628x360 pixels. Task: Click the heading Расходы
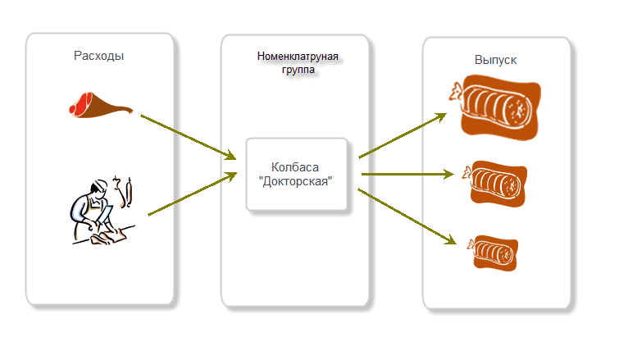99,56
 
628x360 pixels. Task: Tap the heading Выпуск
496,61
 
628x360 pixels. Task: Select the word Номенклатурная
298,57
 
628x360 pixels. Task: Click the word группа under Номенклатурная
298,71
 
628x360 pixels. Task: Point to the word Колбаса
298,166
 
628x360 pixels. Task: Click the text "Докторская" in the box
298,181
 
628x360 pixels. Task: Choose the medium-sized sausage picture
495,182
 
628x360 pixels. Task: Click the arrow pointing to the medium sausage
407,174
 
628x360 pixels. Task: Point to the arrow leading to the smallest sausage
406,216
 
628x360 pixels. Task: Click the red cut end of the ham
80,104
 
